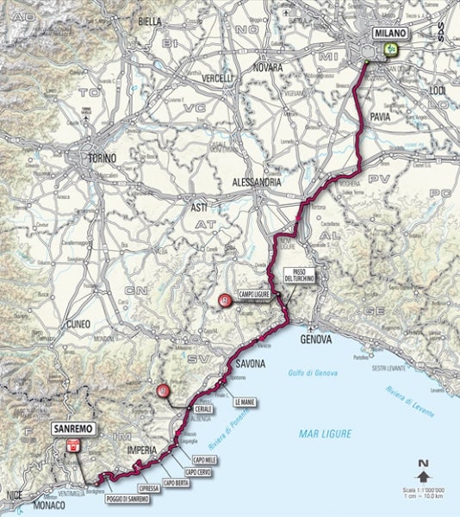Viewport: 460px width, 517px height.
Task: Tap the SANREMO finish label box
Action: coord(71,427)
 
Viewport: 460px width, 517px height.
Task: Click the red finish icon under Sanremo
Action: coord(73,445)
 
